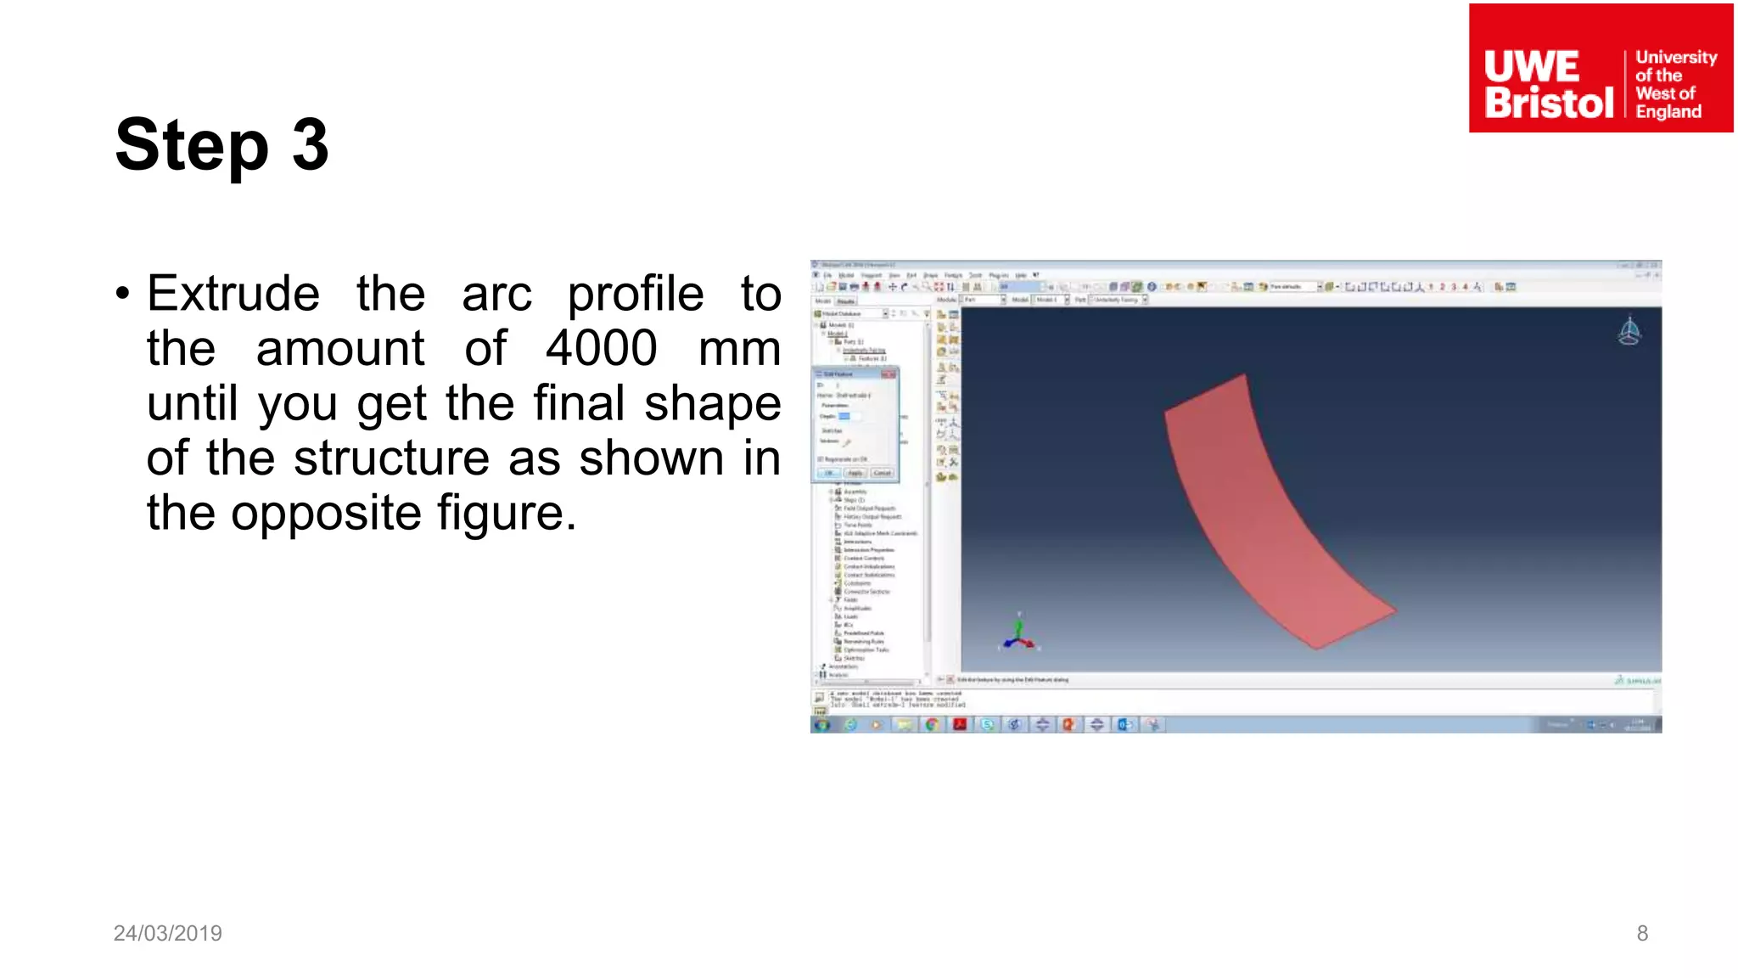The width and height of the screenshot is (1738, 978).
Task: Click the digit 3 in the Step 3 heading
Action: (x=311, y=145)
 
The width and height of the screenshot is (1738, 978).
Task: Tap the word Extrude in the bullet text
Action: (x=233, y=294)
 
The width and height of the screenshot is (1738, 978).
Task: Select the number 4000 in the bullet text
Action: (x=601, y=348)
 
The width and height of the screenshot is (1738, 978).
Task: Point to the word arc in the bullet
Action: (x=496, y=294)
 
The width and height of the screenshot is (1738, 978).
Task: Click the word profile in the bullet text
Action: (x=636, y=295)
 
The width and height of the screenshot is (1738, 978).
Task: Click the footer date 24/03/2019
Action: (x=168, y=933)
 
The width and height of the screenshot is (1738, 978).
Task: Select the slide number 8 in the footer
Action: (x=1642, y=933)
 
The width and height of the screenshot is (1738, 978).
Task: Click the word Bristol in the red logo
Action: (x=1549, y=103)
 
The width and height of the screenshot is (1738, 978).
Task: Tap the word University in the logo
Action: (x=1676, y=57)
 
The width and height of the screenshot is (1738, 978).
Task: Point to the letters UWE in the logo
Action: (x=1532, y=66)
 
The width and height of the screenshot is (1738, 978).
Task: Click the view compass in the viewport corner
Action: (x=1629, y=331)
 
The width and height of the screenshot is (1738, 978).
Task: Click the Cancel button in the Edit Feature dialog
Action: (x=883, y=473)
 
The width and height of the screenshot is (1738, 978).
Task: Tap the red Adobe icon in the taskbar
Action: (x=960, y=724)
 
